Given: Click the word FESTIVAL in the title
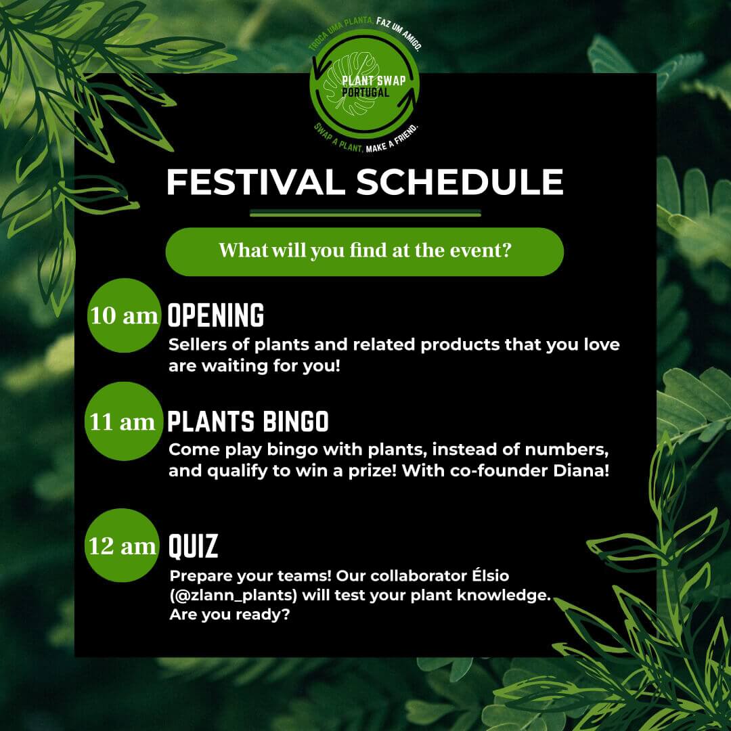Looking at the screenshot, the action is (x=255, y=182).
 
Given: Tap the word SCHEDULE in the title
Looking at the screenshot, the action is (x=460, y=182).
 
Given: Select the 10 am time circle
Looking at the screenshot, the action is (x=124, y=315).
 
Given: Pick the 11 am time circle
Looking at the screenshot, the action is (x=124, y=422).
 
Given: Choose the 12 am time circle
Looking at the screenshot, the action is (x=122, y=546).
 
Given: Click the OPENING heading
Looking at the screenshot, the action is (x=216, y=315).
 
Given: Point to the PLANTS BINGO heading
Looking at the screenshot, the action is (x=248, y=422).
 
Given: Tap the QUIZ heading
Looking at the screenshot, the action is (x=193, y=546).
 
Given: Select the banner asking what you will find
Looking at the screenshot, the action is (x=365, y=252).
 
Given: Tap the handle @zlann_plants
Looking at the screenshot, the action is (x=234, y=596).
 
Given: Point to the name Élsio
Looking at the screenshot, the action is (x=491, y=575).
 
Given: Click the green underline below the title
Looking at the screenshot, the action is (x=365, y=213).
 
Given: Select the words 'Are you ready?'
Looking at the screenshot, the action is (x=230, y=615).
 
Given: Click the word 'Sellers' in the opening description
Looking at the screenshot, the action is (x=198, y=345).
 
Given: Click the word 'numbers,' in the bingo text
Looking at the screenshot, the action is (x=567, y=450).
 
